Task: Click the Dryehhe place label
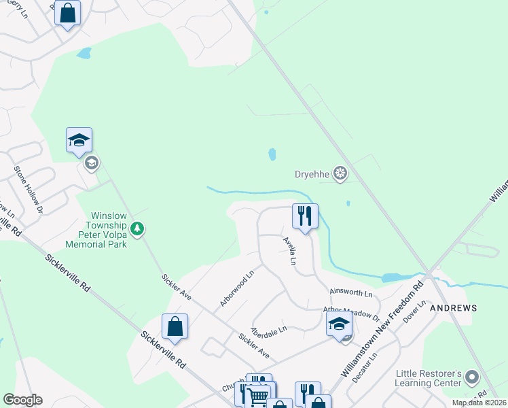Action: (312, 174)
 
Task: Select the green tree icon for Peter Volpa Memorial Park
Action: (138, 228)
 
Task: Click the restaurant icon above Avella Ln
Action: (305, 216)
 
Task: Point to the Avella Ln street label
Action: (290, 251)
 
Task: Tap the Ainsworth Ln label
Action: (351, 294)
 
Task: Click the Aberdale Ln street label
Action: (269, 330)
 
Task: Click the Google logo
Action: (22, 400)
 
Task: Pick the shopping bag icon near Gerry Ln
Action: (67, 12)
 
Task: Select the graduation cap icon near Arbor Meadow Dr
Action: (339, 324)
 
